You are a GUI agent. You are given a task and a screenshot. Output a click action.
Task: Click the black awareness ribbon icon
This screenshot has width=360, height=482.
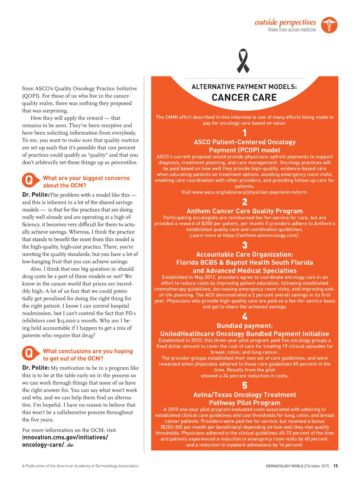243,61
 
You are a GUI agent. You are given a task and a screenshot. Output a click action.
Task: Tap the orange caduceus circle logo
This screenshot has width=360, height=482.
329,25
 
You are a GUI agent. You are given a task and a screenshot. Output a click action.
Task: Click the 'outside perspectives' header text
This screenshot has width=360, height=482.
285,22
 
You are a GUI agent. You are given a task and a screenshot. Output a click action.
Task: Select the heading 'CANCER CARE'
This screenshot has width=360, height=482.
244,97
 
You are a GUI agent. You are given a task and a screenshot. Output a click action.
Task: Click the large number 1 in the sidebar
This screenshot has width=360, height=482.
245,133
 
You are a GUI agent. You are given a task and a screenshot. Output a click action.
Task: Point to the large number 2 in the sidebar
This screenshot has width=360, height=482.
245,202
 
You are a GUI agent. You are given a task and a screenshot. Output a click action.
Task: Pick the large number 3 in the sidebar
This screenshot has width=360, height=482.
245,245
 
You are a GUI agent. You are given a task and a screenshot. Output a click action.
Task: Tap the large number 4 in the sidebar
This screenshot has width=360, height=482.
245,316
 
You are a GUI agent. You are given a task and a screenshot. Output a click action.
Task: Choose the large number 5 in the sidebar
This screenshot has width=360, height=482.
245,386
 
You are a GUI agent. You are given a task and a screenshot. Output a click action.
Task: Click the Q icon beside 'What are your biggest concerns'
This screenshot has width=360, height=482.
29,180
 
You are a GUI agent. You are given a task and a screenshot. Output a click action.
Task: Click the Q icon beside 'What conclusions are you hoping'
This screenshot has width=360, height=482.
29,353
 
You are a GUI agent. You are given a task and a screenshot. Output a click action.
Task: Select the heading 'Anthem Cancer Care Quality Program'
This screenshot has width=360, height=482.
244,211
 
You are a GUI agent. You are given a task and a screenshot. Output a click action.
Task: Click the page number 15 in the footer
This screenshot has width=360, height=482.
335,466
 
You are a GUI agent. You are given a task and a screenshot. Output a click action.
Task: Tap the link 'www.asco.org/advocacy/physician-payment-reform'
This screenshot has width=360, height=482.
250,192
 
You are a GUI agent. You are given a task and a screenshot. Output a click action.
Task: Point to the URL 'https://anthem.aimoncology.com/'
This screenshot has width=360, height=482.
261,236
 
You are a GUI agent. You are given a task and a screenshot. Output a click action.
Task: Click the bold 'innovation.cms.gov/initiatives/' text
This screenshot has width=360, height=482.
65,437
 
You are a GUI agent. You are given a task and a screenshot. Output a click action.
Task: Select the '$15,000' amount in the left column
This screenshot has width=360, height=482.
66,321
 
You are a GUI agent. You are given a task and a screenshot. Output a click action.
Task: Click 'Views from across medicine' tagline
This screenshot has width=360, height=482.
292,30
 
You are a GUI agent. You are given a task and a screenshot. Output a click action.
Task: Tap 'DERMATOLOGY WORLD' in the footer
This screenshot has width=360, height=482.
284,466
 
